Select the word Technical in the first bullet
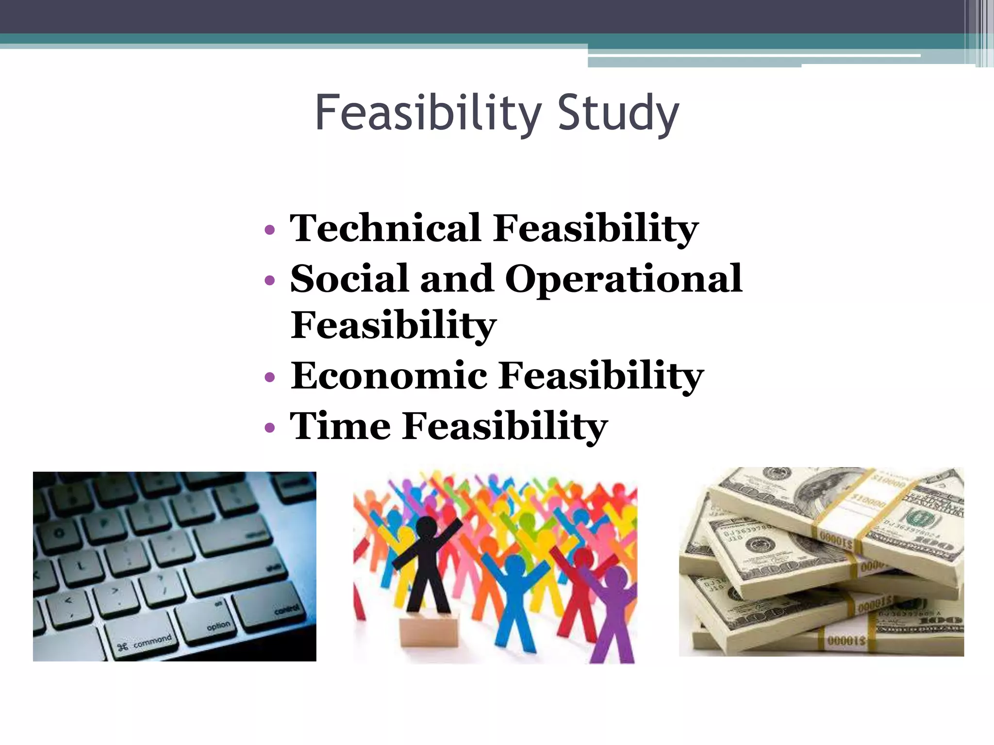[385, 228]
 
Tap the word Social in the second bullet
[348, 279]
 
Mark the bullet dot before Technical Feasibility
[270, 229]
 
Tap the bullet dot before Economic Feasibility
[270, 377]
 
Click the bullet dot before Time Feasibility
[270, 427]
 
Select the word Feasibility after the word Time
[505, 426]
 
